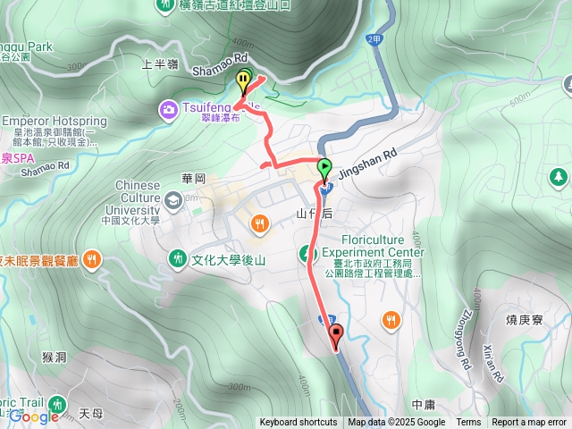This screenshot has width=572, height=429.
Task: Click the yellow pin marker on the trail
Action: pos(243,80)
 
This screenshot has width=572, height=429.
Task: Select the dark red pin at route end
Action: pos(337,336)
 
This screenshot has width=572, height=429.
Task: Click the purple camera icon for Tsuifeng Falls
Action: pos(167,109)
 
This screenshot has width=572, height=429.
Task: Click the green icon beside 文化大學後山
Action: pos(177,259)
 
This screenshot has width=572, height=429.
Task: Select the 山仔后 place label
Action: pos(315,214)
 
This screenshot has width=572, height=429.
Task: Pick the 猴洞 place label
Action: pos(54,357)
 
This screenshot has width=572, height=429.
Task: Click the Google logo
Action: pos(33,416)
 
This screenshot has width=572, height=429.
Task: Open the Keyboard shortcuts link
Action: pos(299,423)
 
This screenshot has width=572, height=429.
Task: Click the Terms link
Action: pos(468,423)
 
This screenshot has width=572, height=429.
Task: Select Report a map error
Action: pos(529,423)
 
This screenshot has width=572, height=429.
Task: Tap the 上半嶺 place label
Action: pos(161,63)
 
